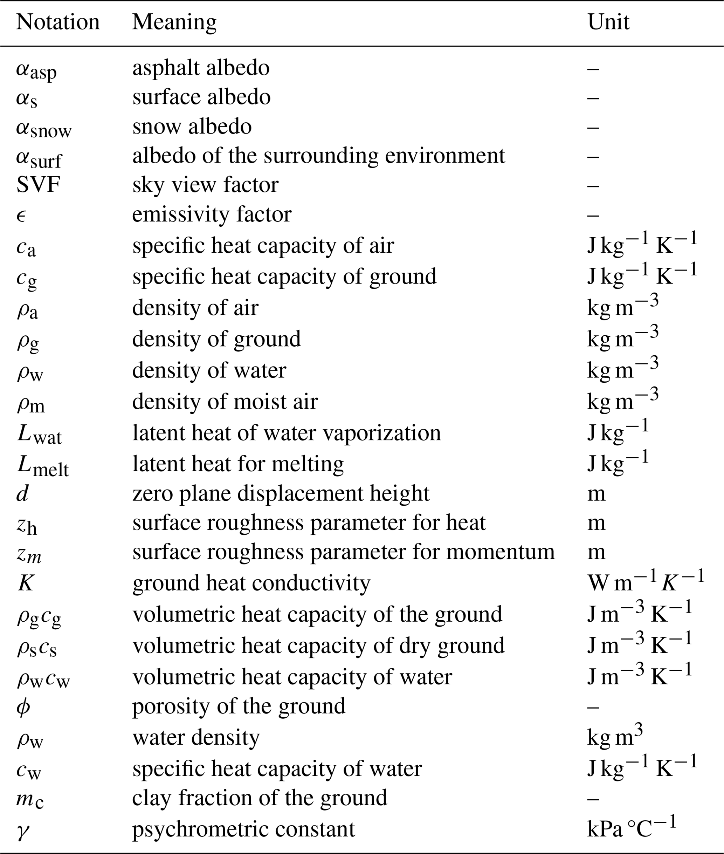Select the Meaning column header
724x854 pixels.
(174, 22)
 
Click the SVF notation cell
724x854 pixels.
(38, 185)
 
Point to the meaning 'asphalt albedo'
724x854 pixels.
(201, 68)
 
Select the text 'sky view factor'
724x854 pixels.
(205, 185)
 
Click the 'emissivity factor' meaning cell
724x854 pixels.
(212, 214)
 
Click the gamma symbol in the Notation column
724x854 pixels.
(23, 830)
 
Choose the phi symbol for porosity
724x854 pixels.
(23, 706)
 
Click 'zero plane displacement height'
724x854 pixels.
(281, 493)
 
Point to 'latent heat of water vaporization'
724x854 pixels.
(287, 433)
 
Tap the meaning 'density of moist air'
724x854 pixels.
(225, 402)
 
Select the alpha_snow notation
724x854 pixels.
(43, 128)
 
